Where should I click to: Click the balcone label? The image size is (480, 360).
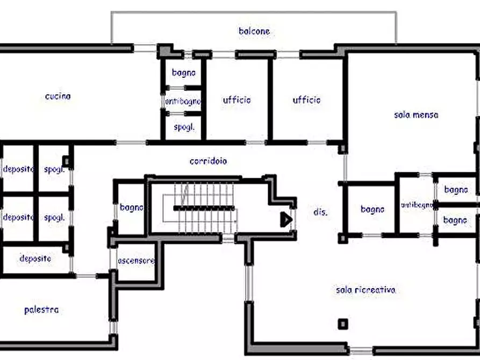254,31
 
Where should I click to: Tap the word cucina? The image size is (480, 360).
58,96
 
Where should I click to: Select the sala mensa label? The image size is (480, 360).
416,115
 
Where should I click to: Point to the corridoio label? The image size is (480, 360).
208,161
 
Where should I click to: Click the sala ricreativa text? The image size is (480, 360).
366,290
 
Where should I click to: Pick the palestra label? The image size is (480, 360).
41,310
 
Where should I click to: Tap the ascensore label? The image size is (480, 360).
136,261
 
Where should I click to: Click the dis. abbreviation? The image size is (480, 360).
320,212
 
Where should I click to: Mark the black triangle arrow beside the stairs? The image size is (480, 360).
286,219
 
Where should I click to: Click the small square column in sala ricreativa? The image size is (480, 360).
343,324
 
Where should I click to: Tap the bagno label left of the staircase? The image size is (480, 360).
131,207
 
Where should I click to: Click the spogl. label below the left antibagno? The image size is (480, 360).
184,127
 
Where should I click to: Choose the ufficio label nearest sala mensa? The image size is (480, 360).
306,100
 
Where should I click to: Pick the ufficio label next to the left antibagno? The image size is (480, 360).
237,100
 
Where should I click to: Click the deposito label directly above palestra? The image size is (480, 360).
35,258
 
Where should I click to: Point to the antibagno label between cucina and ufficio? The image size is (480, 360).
183,102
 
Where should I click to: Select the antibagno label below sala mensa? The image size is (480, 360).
417,205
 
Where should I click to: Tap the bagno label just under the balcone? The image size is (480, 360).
183,73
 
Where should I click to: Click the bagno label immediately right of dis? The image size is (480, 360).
372,210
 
